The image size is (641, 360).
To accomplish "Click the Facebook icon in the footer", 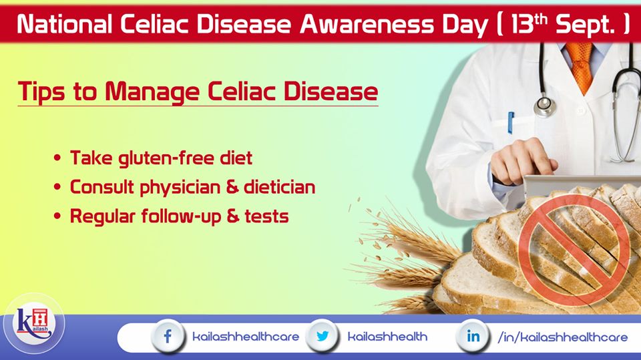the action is click(167, 337).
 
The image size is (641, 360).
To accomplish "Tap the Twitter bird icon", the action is click(322, 336).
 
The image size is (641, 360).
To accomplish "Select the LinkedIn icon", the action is click(473, 336).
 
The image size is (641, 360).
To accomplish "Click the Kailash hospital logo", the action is click(34, 323).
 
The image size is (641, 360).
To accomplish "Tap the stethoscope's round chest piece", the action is click(546, 106).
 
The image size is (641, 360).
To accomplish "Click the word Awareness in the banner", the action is click(367, 25).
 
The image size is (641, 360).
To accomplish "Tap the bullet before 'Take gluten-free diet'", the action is click(57, 158).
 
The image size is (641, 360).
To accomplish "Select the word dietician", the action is click(280, 187).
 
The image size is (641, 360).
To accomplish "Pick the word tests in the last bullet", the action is click(266, 216).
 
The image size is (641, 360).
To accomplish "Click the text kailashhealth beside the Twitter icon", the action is click(387, 337).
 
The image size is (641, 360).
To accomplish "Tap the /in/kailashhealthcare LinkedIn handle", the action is click(562, 337).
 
